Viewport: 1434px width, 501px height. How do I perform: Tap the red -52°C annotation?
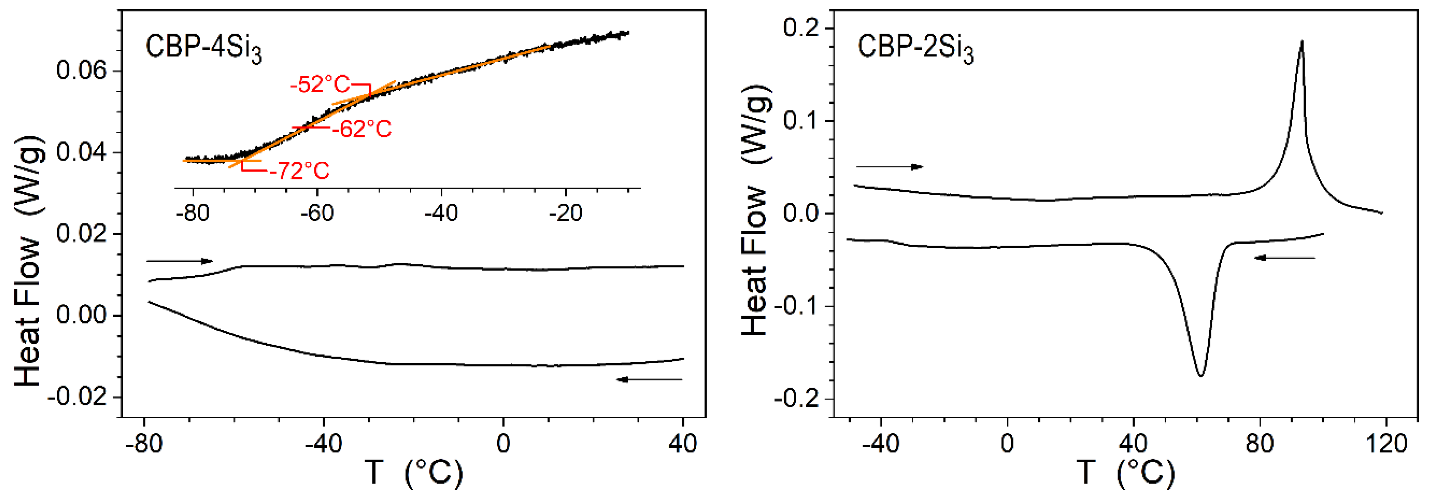coord(320,85)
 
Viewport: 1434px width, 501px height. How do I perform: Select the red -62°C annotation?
coord(362,129)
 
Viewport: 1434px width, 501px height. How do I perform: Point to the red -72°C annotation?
coord(299,171)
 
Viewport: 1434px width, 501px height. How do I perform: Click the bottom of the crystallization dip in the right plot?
coord(1201,376)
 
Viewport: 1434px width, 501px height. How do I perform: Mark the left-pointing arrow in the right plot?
coord(1285,257)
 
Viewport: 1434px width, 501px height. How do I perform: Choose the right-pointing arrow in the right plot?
coord(889,166)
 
